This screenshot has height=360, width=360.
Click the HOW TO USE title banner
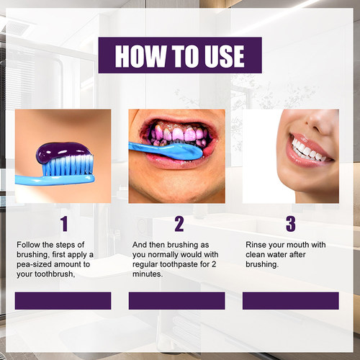coord(179,55)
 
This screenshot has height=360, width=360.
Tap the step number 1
coord(63,223)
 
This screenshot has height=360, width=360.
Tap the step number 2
coord(178,223)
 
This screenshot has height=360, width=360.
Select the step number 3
coord(290,223)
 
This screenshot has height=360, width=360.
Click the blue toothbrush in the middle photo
coord(162,149)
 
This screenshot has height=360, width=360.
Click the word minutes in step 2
coord(148,274)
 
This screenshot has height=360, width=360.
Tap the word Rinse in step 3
coord(258,246)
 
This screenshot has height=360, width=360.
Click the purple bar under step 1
coord(63,300)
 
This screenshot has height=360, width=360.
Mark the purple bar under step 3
coord(290,300)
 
